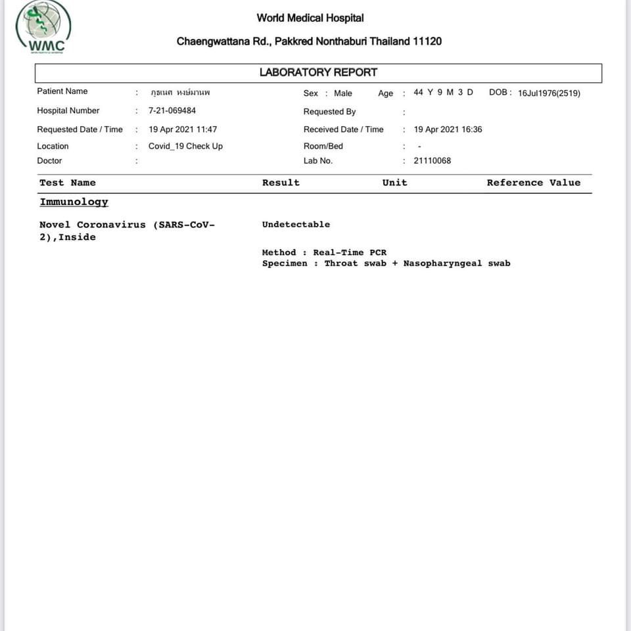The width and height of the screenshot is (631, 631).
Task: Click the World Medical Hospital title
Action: point(310,18)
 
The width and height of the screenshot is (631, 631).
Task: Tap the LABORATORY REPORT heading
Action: point(318,72)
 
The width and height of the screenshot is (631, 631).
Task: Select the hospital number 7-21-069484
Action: point(172,110)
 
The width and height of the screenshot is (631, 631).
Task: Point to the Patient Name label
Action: point(62,91)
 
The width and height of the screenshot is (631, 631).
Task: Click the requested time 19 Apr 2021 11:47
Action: point(183,129)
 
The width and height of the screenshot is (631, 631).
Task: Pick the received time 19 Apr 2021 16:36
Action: point(448,129)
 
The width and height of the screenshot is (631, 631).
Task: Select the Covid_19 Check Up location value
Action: point(185,146)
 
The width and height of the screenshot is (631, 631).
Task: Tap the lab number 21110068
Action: point(432,160)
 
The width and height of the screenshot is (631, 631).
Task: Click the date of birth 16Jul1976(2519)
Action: point(549,93)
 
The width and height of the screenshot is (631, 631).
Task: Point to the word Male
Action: point(343,93)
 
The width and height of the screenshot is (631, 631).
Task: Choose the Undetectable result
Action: point(296,225)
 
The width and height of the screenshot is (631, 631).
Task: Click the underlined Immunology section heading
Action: point(74,202)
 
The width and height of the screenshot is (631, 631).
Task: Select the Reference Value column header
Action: point(533,183)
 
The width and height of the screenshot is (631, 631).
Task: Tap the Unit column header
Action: point(394,183)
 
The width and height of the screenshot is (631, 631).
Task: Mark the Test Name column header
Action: point(68,183)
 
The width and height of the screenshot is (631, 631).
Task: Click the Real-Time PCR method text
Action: point(350,252)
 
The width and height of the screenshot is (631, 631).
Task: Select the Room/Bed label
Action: point(323,146)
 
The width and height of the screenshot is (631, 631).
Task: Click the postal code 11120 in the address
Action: point(427,41)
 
